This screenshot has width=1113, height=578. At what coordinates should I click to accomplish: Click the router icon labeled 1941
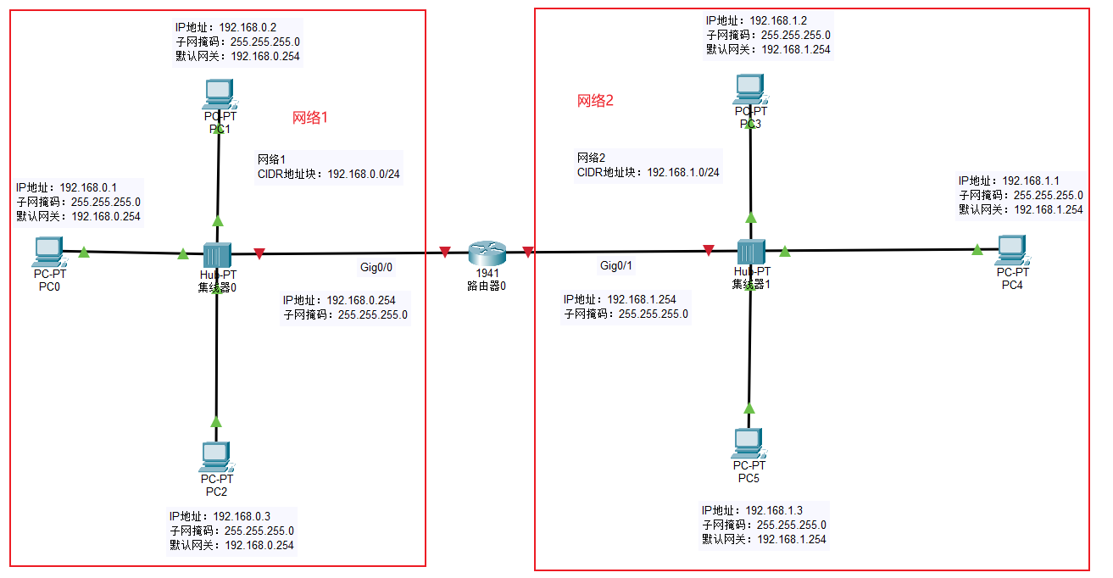pyautogui.click(x=487, y=253)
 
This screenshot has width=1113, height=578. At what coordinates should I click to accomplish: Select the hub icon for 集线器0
pyautogui.click(x=218, y=253)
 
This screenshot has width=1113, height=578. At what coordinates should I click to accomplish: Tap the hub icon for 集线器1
pyautogui.click(x=750, y=252)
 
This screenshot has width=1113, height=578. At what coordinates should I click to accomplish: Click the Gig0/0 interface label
pyautogui.click(x=376, y=267)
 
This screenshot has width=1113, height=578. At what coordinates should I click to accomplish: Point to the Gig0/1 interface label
pyautogui.click(x=616, y=266)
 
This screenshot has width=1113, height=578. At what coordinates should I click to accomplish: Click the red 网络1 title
pyautogui.click(x=309, y=118)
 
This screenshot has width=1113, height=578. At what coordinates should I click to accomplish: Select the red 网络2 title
pyautogui.click(x=594, y=101)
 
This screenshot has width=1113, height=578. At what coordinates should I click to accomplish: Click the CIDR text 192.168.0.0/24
pyautogui.click(x=365, y=174)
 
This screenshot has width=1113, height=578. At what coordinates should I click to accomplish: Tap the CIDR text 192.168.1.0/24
pyautogui.click(x=683, y=172)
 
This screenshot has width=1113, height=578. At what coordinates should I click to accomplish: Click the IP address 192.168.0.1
pyautogui.click(x=88, y=187)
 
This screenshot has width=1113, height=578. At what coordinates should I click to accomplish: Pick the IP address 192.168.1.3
pyautogui.click(x=774, y=510)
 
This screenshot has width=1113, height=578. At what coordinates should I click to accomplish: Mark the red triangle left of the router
pyautogui.click(x=444, y=252)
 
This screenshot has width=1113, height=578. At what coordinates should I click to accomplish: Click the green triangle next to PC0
pyautogui.click(x=84, y=252)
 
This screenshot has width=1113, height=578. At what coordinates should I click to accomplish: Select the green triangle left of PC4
pyautogui.click(x=977, y=249)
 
